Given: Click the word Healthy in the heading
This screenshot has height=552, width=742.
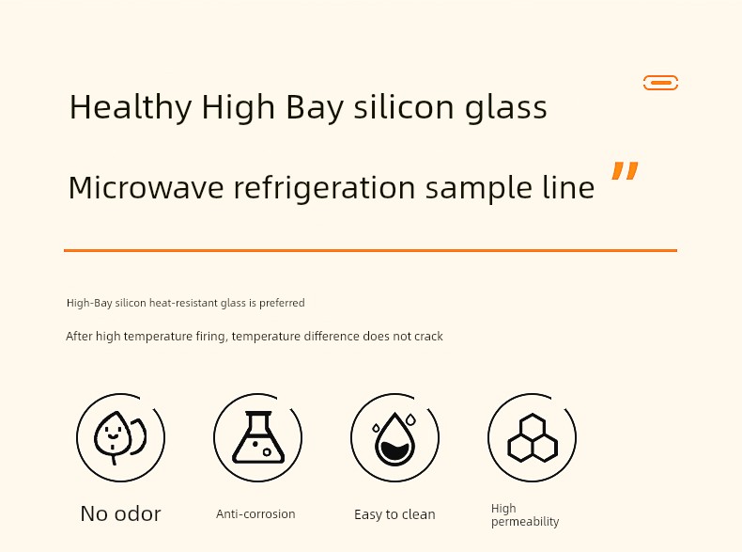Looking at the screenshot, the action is point(131,107).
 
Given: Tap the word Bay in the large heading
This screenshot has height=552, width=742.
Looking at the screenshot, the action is point(315,108).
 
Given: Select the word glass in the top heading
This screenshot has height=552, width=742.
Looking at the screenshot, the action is point(506,108).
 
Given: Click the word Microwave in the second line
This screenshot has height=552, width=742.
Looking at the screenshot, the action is point(146,187).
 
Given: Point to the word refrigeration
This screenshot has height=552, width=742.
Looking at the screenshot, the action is point(325,189).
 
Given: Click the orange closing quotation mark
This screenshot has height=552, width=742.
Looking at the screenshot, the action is point(625,170).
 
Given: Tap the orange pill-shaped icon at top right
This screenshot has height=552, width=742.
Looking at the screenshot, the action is point(660,83).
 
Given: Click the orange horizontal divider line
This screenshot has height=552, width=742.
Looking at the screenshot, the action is point(370,250).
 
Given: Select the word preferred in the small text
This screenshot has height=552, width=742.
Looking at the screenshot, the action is point(282,303).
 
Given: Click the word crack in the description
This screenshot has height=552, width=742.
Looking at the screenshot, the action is point(428,337).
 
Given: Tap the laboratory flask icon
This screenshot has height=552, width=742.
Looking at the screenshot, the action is point(258,437).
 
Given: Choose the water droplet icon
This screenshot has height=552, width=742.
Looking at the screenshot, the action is point(394,439).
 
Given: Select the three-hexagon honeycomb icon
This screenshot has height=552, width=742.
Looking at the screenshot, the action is point(533,438).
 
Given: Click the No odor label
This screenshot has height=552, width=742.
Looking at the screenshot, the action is point(120,513).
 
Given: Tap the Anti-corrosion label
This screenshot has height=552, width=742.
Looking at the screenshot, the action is point(255,514).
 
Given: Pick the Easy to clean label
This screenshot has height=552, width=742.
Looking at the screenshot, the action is point(394,514).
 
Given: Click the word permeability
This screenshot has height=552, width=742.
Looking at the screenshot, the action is point(525,522).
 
